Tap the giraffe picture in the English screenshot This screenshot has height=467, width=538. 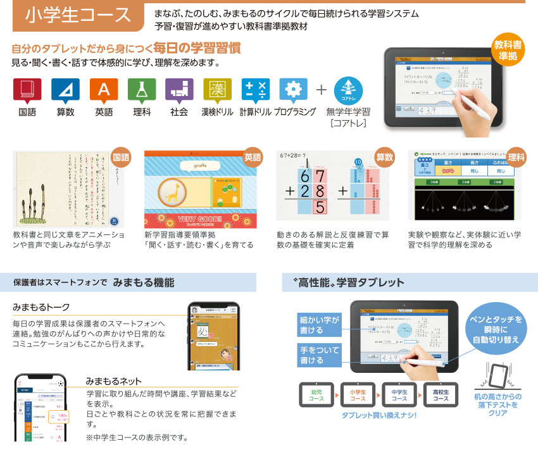(x=173, y=193)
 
